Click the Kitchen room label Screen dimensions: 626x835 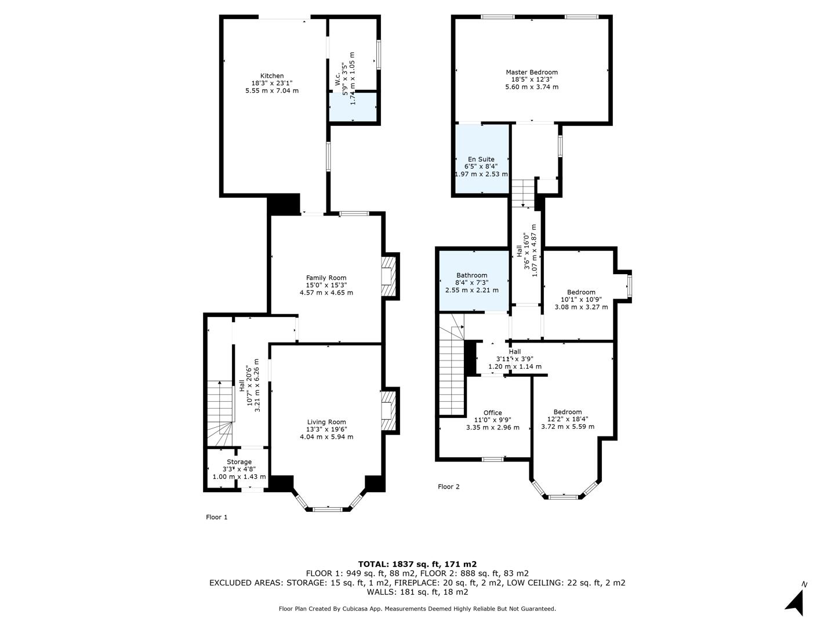click(x=272, y=76)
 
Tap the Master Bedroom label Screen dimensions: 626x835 click(x=531, y=72)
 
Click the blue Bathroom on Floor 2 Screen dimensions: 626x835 click(x=471, y=282)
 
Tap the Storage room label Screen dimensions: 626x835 click(x=239, y=462)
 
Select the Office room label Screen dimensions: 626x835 click(x=492, y=413)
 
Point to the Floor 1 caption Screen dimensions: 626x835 click(x=217, y=517)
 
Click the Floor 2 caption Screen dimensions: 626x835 click(x=448, y=487)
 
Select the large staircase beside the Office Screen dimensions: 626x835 click(x=452, y=371)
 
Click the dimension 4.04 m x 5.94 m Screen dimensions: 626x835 click(x=326, y=437)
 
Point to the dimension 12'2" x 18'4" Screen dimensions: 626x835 click(x=567, y=419)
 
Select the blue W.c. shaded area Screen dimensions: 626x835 click(x=353, y=107)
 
